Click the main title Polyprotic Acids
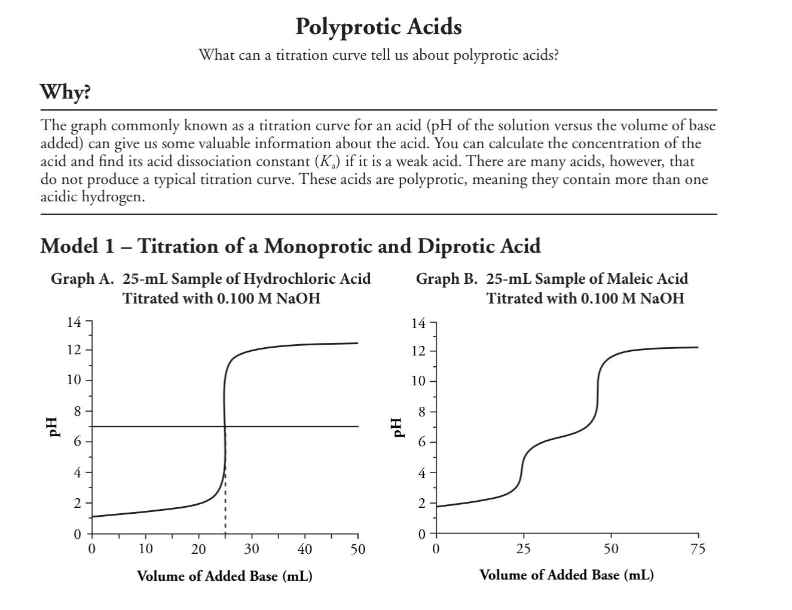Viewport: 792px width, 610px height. click(x=378, y=27)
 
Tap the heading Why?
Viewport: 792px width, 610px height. click(x=65, y=92)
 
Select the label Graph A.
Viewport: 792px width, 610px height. click(x=82, y=279)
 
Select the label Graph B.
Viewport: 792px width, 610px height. click(x=447, y=279)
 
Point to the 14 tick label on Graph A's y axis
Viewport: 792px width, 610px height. click(x=74, y=323)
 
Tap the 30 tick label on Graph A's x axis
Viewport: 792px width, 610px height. click(x=251, y=549)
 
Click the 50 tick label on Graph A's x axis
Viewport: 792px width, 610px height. click(x=357, y=549)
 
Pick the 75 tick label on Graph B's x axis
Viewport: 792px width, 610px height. click(x=698, y=549)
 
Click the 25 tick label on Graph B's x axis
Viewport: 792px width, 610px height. click(x=523, y=549)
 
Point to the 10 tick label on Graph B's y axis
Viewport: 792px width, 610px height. click(x=418, y=381)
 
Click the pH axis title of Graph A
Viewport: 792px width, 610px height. click(x=54, y=427)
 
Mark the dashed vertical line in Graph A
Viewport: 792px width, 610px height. click(x=225, y=514)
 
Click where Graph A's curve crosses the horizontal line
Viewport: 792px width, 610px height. click(x=225, y=427)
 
